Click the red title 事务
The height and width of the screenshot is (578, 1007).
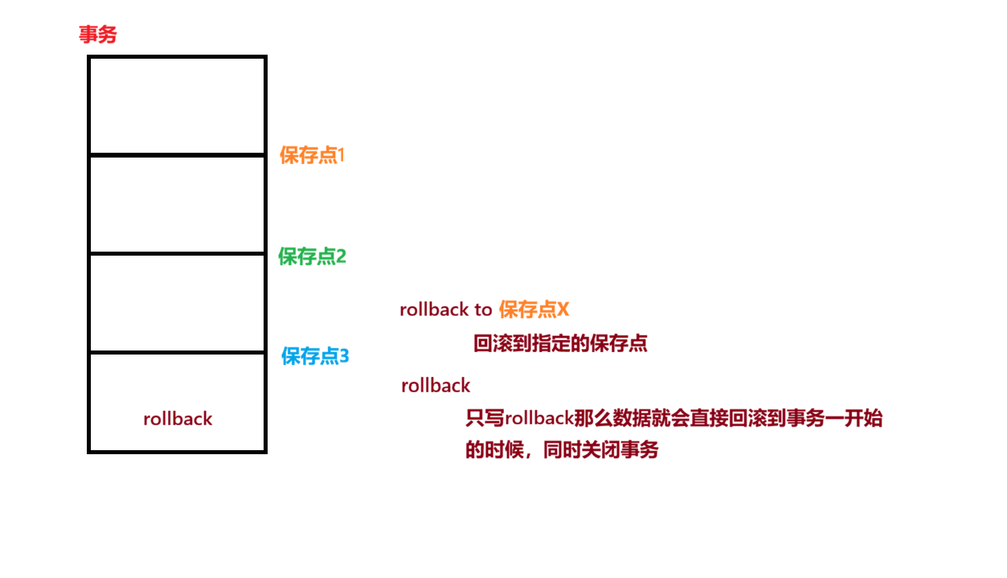point(97,35)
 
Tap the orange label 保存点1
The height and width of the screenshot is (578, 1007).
point(312,155)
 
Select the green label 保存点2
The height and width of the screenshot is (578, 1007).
point(312,256)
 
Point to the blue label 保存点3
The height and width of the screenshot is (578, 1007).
point(315,355)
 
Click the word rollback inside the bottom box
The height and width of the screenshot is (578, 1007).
point(178,419)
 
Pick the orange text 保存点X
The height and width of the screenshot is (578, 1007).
point(534,309)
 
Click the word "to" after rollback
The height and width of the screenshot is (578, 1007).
point(483,309)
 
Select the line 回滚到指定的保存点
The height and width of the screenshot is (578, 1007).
point(560,344)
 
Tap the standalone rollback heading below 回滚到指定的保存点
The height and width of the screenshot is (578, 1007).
point(436,386)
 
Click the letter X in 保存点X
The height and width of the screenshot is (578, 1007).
point(563,309)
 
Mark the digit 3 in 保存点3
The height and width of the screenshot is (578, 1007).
point(344,355)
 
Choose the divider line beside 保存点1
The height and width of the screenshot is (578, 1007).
point(177,154)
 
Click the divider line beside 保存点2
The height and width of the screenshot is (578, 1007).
point(177,254)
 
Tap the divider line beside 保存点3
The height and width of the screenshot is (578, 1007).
point(177,352)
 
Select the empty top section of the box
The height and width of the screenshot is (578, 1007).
point(177,105)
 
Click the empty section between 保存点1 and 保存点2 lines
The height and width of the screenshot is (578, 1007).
point(177,204)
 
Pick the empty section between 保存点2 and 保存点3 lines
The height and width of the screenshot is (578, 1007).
point(177,303)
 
